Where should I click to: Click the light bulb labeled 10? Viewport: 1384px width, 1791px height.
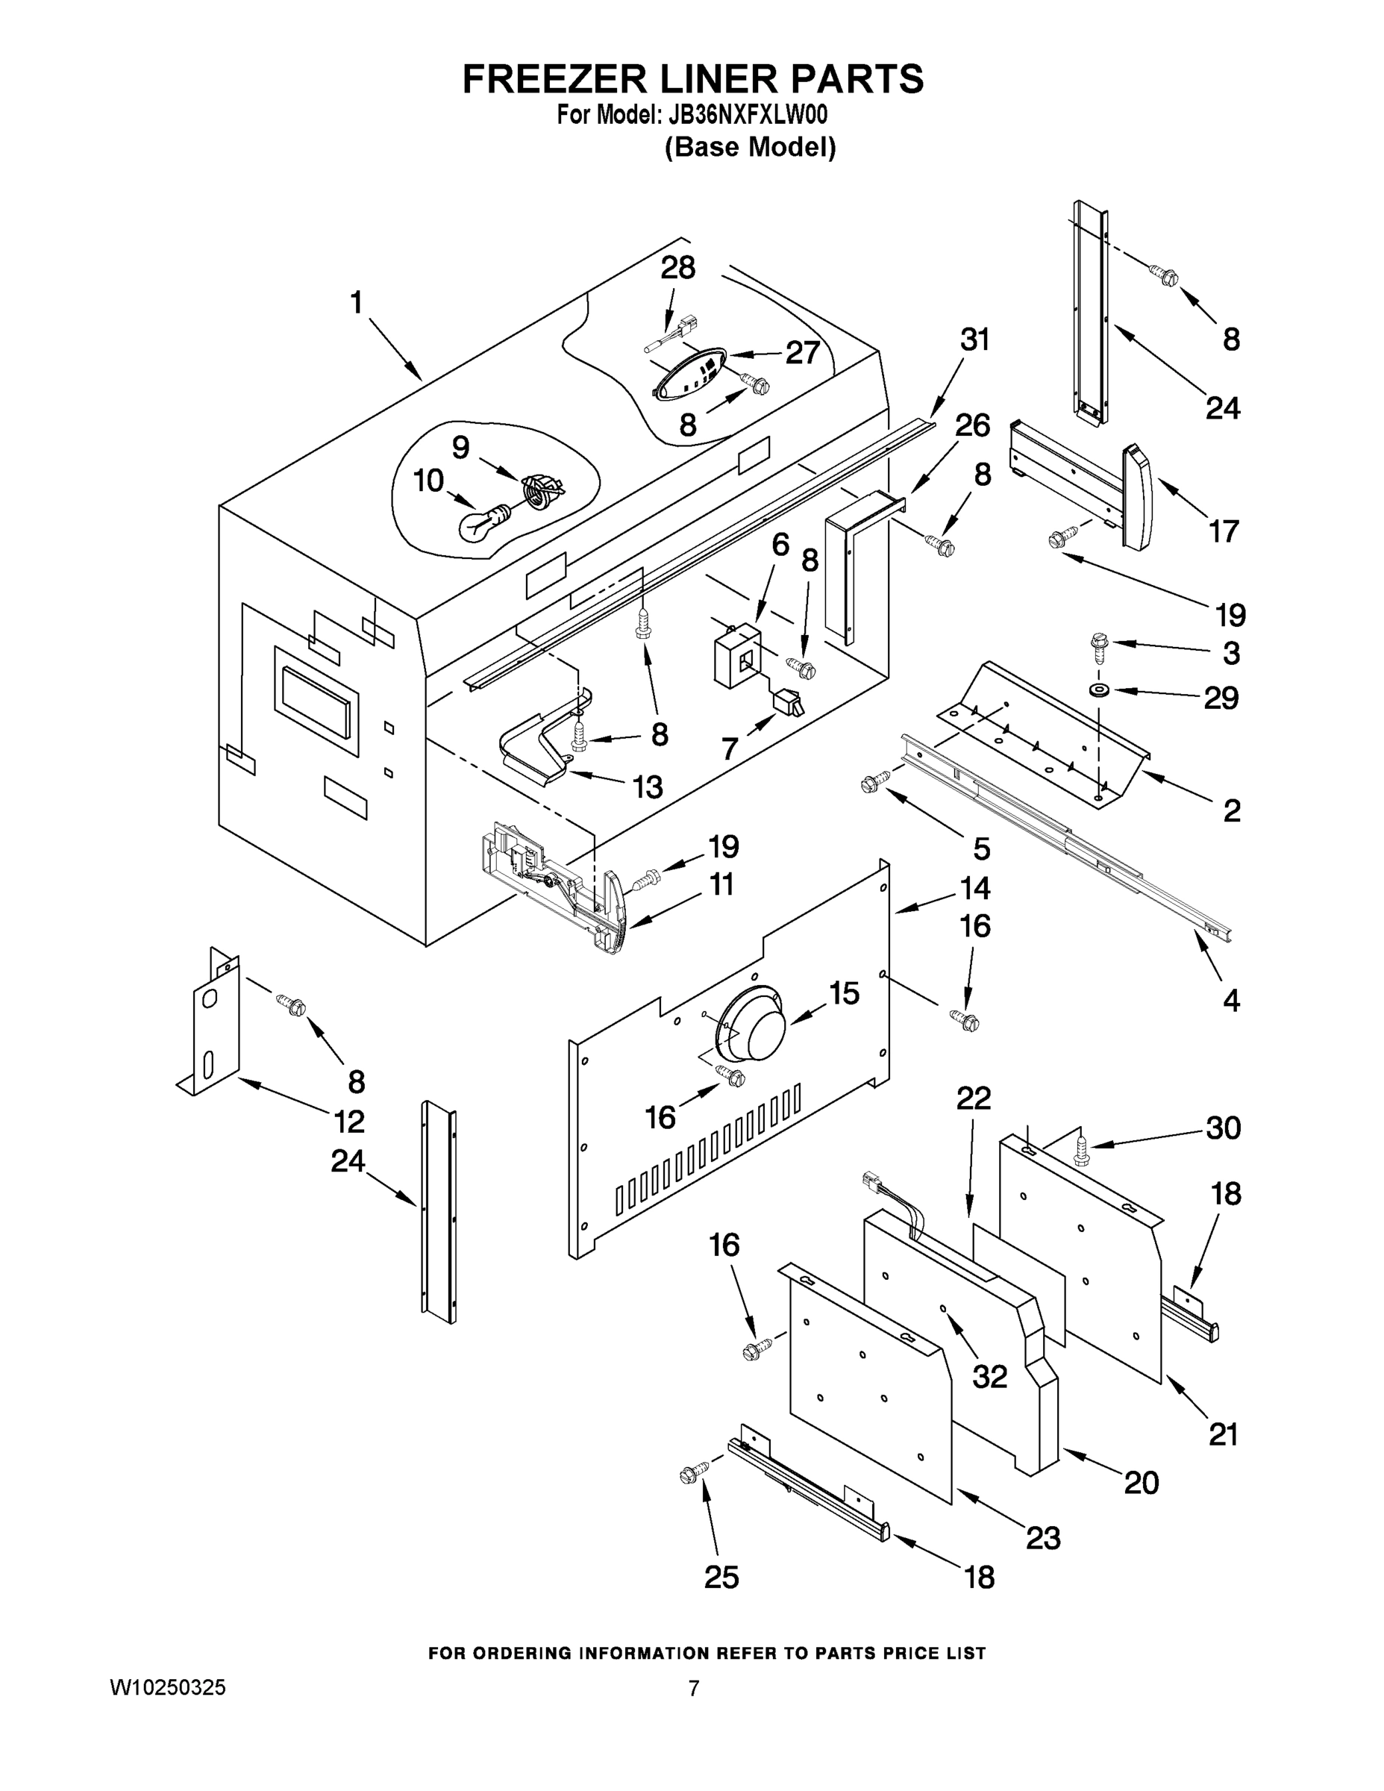click(483, 522)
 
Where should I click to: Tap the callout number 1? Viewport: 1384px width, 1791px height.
click(356, 304)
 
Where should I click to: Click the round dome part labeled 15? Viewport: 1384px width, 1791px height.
click(751, 1025)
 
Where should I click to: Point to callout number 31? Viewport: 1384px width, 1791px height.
click(975, 340)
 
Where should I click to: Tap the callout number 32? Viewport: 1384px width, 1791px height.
click(989, 1375)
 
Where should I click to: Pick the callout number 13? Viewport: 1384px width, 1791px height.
click(647, 787)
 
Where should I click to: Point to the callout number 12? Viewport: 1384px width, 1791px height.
click(349, 1121)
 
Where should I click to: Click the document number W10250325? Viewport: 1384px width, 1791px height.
click(167, 1688)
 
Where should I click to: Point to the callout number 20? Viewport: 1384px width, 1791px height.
click(1142, 1482)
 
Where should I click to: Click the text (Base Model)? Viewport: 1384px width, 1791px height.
click(751, 148)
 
